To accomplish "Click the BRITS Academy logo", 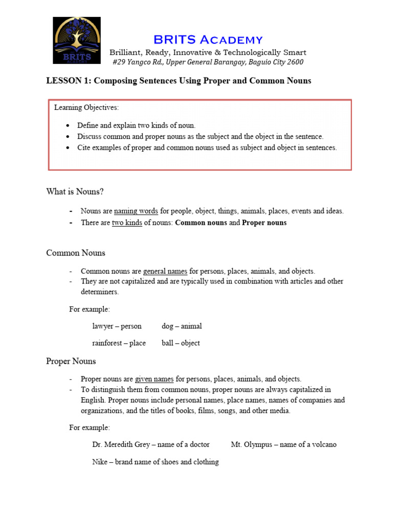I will [77, 40].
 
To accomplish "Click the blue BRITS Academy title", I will [208, 39].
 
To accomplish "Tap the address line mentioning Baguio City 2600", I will [208, 62].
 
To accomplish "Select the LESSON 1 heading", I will [179, 81].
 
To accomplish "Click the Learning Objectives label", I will [86, 108].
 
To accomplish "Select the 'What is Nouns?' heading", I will [75, 192].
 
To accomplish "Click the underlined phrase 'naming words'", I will [136, 211].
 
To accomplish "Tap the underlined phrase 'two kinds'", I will [127, 223].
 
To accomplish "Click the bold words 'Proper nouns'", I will [264, 223].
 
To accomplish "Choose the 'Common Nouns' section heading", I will [76, 253].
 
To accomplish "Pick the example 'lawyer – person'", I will [117, 326].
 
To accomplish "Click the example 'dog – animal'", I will [182, 326].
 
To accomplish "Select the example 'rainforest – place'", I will [119, 343].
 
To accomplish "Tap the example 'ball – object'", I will [181, 343].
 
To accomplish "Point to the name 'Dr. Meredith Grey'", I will [121, 444].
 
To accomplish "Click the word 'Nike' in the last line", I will [99, 462].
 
